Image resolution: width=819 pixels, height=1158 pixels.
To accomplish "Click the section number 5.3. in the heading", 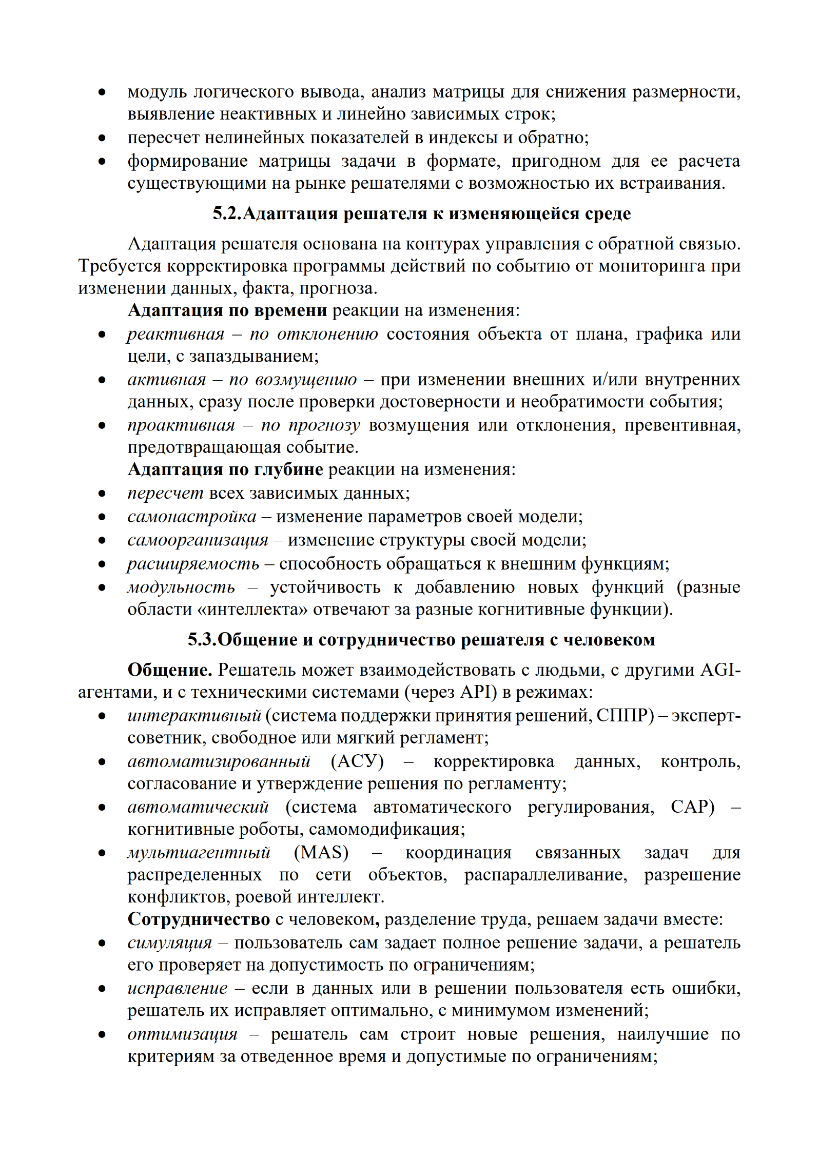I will (x=202, y=640).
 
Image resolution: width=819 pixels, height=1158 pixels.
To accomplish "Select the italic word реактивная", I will (x=175, y=334).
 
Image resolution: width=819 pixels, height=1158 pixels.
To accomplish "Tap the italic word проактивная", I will (x=181, y=425).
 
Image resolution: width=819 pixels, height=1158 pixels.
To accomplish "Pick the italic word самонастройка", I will (x=192, y=516).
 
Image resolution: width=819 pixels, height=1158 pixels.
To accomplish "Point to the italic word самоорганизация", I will (x=198, y=540).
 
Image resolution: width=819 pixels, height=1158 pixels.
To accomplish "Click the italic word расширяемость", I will (x=193, y=564).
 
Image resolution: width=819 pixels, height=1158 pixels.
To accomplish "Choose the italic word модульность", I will (x=181, y=587).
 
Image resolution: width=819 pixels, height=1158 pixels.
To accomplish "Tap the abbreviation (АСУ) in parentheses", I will (x=357, y=761).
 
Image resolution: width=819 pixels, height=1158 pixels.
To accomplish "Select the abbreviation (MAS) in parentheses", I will (x=321, y=852).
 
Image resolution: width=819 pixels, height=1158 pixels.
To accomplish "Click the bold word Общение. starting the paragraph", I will (x=170, y=670).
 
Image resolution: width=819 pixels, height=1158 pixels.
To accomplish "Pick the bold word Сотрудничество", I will (x=199, y=919).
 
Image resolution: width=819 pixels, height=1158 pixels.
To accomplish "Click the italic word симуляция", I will (x=169, y=943).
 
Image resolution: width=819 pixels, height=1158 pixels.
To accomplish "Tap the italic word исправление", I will (x=178, y=988).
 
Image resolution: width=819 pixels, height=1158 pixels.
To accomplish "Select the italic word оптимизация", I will (x=183, y=1034).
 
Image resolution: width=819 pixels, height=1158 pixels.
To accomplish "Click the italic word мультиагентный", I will (x=199, y=852).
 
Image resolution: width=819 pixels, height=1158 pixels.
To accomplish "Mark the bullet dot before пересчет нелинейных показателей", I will (x=102, y=138).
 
